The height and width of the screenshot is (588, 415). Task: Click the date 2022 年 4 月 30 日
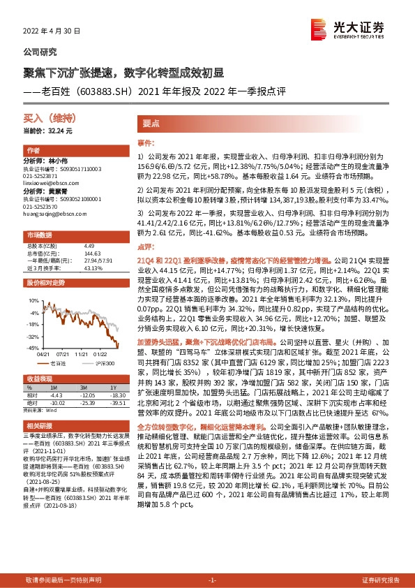(x=52, y=31)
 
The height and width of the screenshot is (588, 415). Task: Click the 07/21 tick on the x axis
(x=62, y=354)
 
